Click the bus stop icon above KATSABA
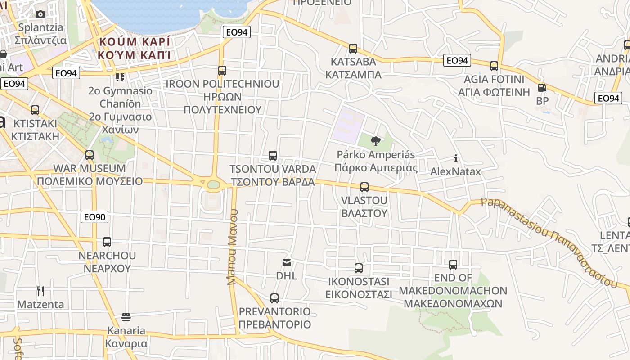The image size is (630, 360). pyautogui.click(x=353, y=48)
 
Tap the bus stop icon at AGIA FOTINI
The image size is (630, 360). pyautogui.click(x=494, y=66)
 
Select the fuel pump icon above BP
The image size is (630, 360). pyautogui.click(x=542, y=88)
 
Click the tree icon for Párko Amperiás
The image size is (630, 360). pyautogui.click(x=375, y=142)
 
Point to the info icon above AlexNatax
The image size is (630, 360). pyautogui.click(x=456, y=158)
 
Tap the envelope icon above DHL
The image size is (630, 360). pyautogui.click(x=286, y=262)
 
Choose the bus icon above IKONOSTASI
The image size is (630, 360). pyautogui.click(x=359, y=268)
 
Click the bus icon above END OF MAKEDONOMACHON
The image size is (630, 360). pyautogui.click(x=453, y=265)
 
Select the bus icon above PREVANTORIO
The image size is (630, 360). pyautogui.click(x=274, y=298)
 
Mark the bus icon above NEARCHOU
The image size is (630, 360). pyautogui.click(x=107, y=242)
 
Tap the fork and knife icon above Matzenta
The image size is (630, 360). pyautogui.click(x=40, y=291)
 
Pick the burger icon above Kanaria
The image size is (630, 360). pyautogui.click(x=126, y=317)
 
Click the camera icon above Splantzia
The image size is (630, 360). pyautogui.click(x=40, y=14)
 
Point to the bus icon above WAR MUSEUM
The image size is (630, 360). pyautogui.click(x=90, y=155)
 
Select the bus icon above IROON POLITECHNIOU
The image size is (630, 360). pyautogui.click(x=222, y=71)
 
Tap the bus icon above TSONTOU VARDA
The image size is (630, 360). pyautogui.click(x=273, y=156)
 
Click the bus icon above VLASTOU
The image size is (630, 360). pyautogui.click(x=364, y=187)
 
